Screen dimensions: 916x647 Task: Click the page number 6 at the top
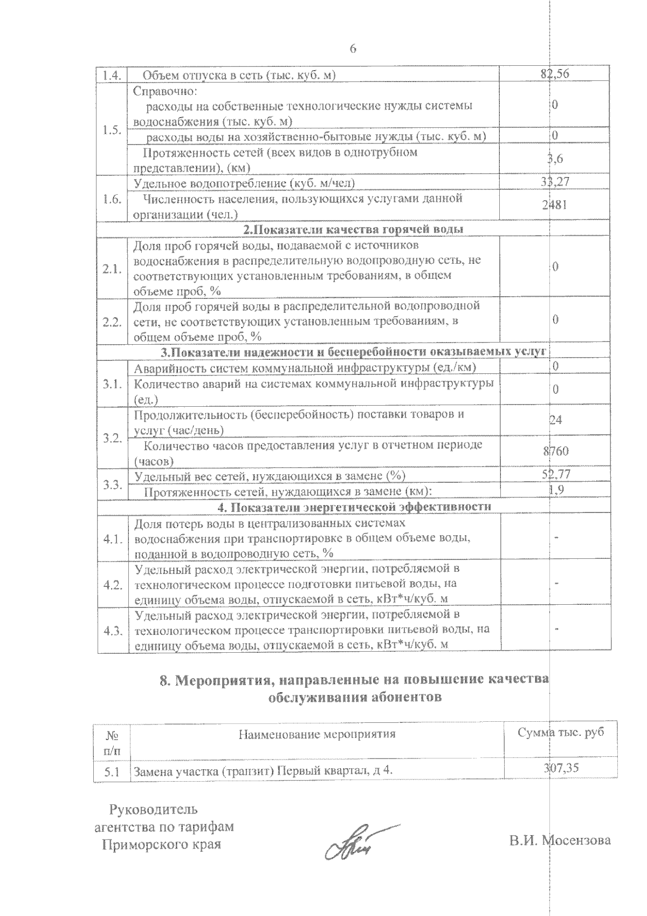click(353, 49)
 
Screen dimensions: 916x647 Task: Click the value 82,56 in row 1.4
click(555, 74)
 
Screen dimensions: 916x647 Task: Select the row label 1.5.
click(112, 130)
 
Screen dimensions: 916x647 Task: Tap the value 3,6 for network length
click(555, 159)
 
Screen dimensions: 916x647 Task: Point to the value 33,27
click(555, 183)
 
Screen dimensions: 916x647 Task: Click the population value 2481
click(555, 206)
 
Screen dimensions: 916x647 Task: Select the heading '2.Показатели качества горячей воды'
click(353, 229)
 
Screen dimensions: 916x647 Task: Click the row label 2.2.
click(112, 322)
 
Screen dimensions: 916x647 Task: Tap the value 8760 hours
click(555, 451)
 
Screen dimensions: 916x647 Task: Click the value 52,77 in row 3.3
click(555, 474)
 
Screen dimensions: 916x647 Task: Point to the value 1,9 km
click(555, 490)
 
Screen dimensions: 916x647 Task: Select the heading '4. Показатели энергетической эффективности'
click(354, 507)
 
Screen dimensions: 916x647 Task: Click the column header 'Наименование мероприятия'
click(317, 734)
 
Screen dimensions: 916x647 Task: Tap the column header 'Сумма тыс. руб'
click(560, 732)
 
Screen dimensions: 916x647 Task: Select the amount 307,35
click(561, 768)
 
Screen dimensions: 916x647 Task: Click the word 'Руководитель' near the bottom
click(154, 810)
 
